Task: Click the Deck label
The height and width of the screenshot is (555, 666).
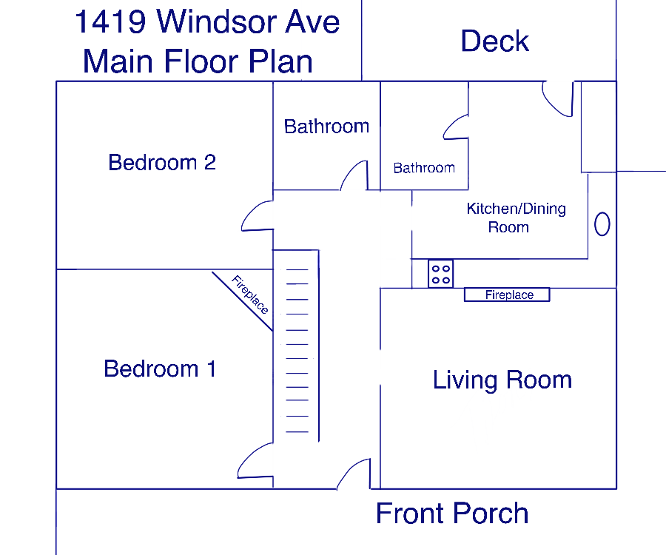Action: click(x=495, y=41)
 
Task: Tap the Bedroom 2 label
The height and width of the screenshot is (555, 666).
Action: click(x=162, y=162)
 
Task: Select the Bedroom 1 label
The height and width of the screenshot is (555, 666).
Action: click(x=160, y=369)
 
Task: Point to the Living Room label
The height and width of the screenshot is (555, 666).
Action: click(x=502, y=380)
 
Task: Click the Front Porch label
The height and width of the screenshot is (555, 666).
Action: click(x=452, y=514)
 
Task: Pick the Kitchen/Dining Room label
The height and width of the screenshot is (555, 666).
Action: click(x=516, y=218)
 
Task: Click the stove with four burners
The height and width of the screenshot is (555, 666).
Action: click(x=440, y=274)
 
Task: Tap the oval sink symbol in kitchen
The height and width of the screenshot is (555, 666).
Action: click(x=602, y=223)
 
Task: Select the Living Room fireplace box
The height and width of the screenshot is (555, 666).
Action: click(x=507, y=295)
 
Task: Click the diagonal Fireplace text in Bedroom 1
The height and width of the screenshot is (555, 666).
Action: click(x=250, y=294)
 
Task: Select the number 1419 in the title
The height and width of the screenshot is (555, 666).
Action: click(x=110, y=21)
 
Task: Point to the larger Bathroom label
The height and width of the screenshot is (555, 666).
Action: click(x=326, y=127)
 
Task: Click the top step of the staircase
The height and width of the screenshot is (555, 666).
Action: click(x=297, y=269)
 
